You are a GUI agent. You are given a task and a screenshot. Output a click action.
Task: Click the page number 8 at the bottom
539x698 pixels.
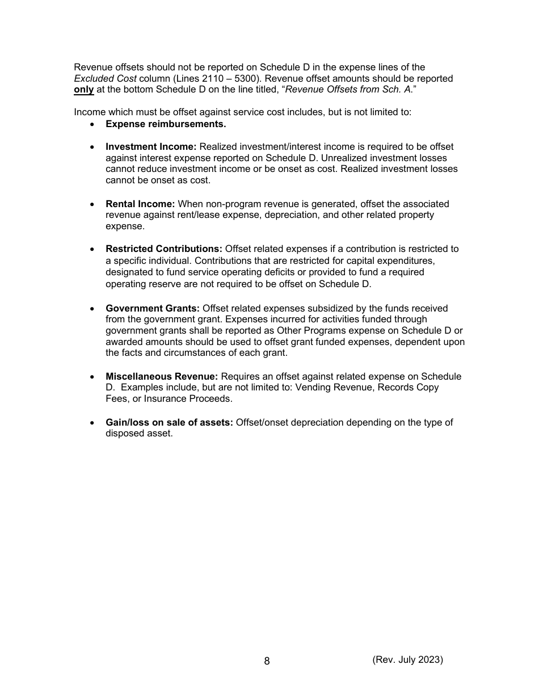[267, 661]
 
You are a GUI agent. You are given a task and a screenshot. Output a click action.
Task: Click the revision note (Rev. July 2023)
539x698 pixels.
[407, 659]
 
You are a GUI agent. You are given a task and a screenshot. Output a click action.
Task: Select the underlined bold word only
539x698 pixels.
[83, 90]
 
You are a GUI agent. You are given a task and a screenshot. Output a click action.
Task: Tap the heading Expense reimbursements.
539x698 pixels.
[166, 124]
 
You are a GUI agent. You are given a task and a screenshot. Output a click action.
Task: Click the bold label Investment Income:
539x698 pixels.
[151, 147]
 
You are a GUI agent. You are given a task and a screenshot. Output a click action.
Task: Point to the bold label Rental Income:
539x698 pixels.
[140, 204]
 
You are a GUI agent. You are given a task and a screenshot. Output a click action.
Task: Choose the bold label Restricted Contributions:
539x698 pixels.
[164, 249]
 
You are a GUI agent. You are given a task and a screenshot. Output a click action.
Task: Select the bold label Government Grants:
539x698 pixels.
[153, 308]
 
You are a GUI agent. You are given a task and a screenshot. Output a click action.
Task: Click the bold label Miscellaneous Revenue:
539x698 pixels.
[162, 376]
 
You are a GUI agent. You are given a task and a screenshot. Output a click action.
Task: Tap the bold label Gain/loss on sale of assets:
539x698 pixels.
[169, 422]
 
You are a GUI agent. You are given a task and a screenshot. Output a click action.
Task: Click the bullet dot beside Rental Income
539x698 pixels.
[92, 204]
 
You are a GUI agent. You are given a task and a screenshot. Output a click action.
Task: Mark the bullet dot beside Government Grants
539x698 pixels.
[92, 308]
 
